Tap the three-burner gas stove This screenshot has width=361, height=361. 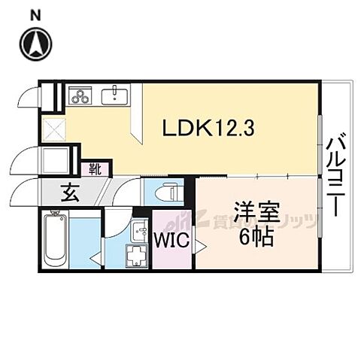coord(80,96)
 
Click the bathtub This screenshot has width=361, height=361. coord(55,241)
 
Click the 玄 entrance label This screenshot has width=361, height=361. coord(69,193)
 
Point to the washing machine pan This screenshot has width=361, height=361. coord(138,256)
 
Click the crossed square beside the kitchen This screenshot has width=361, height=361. coord(53,129)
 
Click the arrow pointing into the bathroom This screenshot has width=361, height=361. coord(95,257)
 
